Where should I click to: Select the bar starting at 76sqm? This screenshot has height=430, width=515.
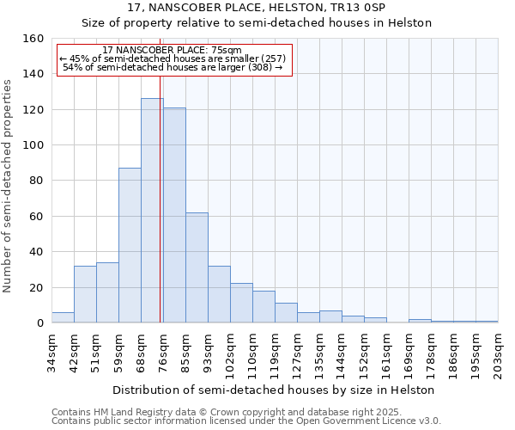174,215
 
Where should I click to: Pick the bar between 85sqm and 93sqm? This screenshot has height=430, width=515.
197,267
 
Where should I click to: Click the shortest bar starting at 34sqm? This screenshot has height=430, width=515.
63,317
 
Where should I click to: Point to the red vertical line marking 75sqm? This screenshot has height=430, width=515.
161,198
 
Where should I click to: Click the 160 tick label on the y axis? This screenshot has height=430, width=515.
33,39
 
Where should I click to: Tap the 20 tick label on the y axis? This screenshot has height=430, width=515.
36,288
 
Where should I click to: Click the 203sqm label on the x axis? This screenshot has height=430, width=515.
498,351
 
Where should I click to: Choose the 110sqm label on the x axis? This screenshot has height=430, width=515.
252,353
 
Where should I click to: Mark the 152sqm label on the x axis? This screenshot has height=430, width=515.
364,353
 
